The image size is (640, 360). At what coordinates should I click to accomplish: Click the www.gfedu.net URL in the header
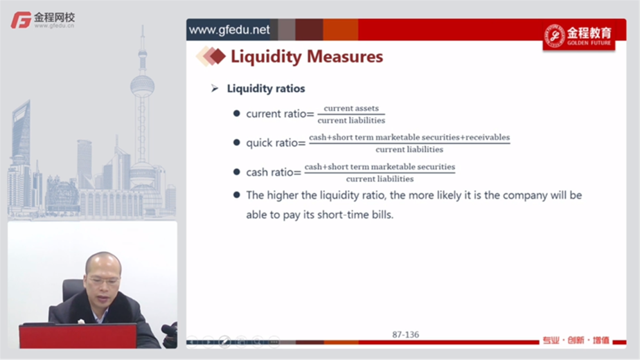pos(229,30)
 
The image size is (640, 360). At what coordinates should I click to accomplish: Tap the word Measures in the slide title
pos(345,56)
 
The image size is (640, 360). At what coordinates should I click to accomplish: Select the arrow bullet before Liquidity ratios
pos(215,88)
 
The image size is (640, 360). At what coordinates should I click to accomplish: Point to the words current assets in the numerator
pos(351,108)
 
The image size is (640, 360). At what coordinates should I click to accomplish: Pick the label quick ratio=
pos(276,143)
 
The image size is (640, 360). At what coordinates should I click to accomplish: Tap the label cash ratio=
pos(274,172)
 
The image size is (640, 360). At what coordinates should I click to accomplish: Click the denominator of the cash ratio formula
pos(380,179)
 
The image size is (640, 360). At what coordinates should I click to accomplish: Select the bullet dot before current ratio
pos(236,114)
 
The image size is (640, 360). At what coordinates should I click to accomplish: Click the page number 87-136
pos(405,334)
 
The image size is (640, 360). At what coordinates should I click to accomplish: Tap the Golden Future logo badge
pos(579,36)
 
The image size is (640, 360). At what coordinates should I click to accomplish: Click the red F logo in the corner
pos(21,20)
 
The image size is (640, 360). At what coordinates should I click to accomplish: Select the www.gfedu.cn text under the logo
pos(54,26)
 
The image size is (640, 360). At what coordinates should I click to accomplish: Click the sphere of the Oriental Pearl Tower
pos(143,86)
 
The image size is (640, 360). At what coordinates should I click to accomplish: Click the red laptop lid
pos(78,336)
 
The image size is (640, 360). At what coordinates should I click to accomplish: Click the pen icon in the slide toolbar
pos(224,341)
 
